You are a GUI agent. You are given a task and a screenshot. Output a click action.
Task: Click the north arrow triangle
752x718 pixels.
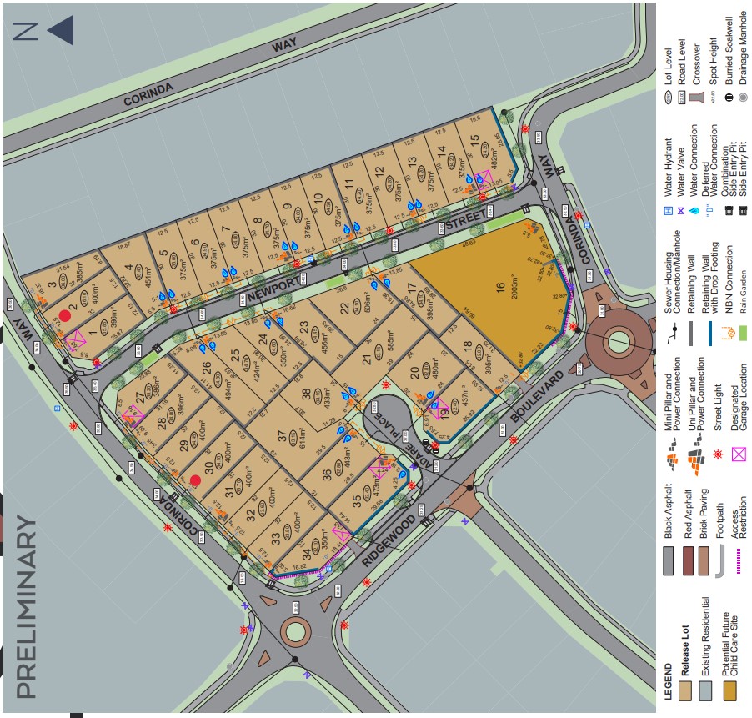point(60,32)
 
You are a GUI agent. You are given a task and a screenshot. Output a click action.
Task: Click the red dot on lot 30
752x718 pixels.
point(196,480)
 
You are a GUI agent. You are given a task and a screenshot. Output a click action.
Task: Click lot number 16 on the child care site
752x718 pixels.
point(499,288)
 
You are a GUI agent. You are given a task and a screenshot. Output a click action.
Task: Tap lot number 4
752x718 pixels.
point(128,270)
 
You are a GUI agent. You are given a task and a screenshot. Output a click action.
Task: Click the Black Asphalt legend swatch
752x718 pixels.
point(667,560)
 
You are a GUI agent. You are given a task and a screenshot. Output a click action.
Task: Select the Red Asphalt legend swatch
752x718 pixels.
point(689,560)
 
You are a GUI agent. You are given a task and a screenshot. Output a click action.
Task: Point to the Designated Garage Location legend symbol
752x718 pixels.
point(738,454)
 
